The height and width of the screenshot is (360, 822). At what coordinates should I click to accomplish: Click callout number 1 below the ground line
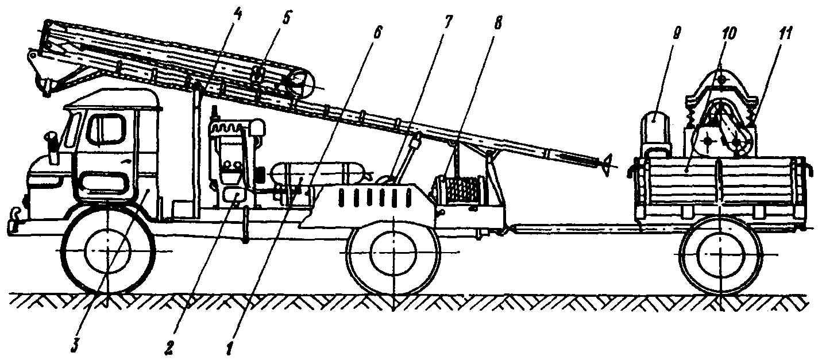point(230,347)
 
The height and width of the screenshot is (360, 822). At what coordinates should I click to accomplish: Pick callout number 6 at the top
point(377,33)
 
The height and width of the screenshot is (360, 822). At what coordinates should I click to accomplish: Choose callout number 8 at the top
point(497,24)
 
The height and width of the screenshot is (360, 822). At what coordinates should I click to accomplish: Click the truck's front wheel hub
point(108,251)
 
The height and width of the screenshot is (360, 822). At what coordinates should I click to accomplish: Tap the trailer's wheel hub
point(720,254)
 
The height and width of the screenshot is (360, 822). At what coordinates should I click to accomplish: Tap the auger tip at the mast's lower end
point(607,163)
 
